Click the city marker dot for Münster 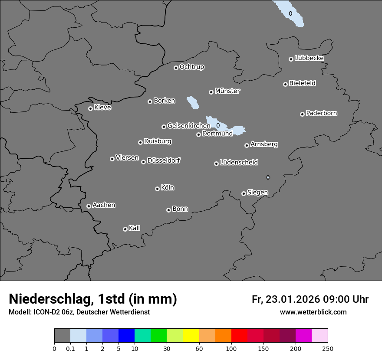(x=211, y=92)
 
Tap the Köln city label (x=168, y=188)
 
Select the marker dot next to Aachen (x=89, y=206)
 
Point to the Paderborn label (x=322, y=113)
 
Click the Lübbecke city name (x=309, y=58)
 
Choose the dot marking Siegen (x=244, y=193)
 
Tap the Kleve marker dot (x=90, y=108)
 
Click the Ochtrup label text (x=192, y=67)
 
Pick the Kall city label (x=135, y=228)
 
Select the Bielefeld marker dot (x=285, y=84)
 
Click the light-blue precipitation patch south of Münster (x=192, y=103)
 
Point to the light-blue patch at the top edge (x=290, y=13)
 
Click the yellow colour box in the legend (x=191, y=336)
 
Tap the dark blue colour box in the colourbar (x=126, y=336)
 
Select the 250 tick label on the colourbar (x=328, y=348)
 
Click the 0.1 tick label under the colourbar (x=70, y=348)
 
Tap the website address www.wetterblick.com (x=313, y=312)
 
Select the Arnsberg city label (x=264, y=144)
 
